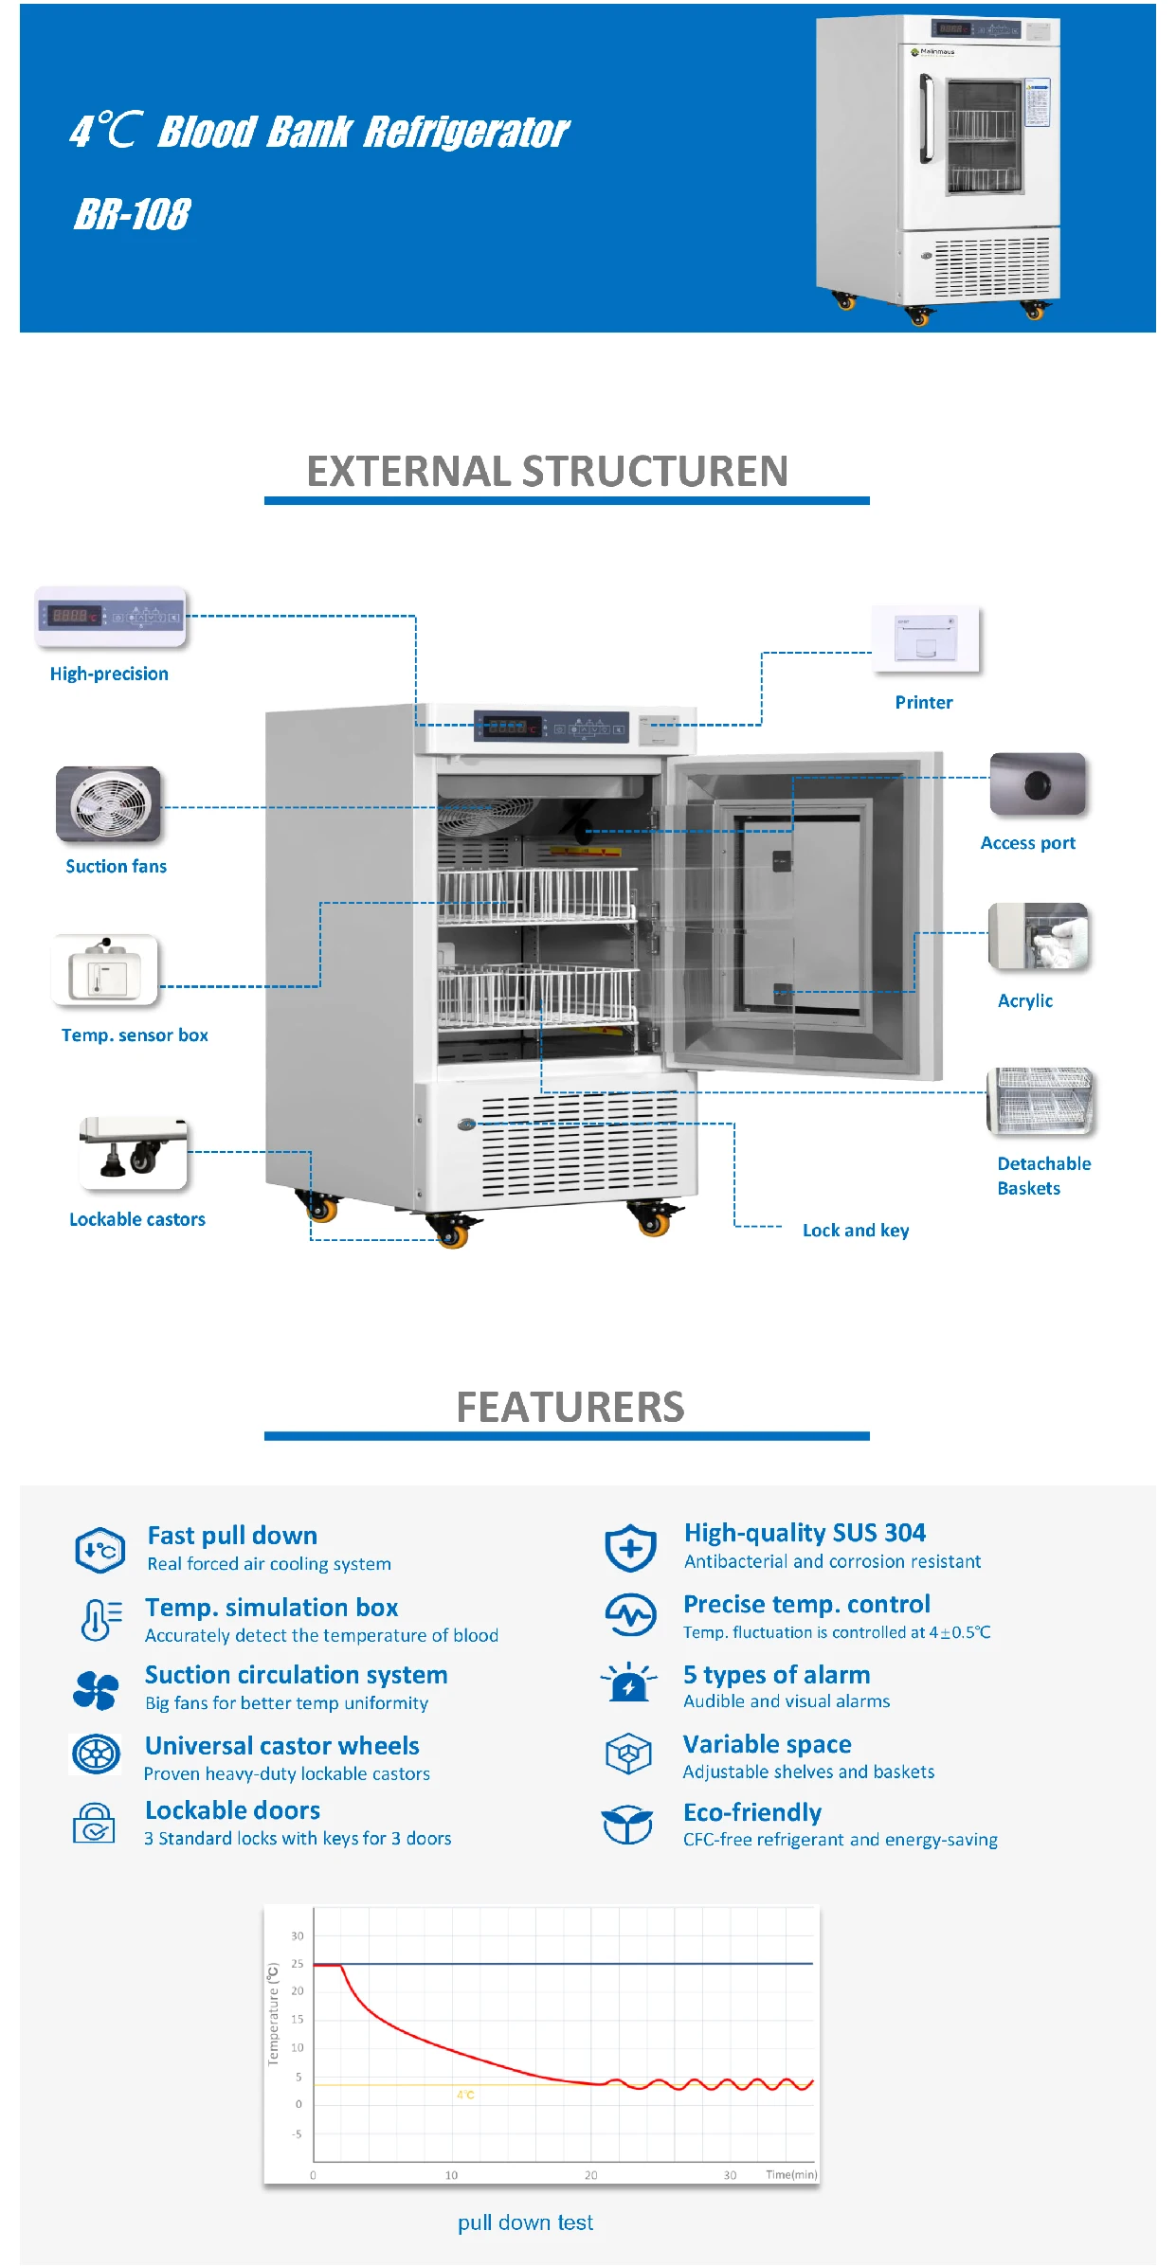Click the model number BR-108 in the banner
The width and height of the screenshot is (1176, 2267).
[x=133, y=214]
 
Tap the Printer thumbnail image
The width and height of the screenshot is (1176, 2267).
[x=925, y=639]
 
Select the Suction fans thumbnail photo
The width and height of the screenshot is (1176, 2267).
[x=108, y=804]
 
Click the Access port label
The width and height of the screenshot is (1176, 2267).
[x=1027, y=843]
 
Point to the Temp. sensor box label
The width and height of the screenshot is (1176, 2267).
[x=135, y=1035]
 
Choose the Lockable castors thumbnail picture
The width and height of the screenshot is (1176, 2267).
[x=134, y=1153]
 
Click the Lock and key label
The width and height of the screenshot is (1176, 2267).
[x=855, y=1231]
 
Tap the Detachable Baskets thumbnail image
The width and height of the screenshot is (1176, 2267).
[x=1040, y=1101]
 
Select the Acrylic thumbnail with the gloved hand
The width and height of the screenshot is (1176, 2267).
[x=1038, y=936]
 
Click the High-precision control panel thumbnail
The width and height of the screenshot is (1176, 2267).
[x=111, y=617]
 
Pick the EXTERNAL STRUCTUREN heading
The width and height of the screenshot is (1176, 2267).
[x=547, y=472]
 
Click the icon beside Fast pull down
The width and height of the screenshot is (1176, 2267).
[x=100, y=1551]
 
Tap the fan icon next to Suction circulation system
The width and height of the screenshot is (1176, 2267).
[x=96, y=1690]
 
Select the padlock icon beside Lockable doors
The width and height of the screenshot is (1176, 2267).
[x=94, y=1824]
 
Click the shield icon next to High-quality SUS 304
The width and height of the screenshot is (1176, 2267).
[x=630, y=1548]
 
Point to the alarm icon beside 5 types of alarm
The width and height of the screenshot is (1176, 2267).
[x=628, y=1683]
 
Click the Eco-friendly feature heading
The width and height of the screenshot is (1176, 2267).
[x=751, y=1813]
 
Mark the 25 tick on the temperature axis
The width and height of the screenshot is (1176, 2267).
[x=298, y=1964]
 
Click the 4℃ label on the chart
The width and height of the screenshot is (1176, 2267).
[x=465, y=2095]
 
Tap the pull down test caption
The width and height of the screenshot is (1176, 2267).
[x=525, y=2222]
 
